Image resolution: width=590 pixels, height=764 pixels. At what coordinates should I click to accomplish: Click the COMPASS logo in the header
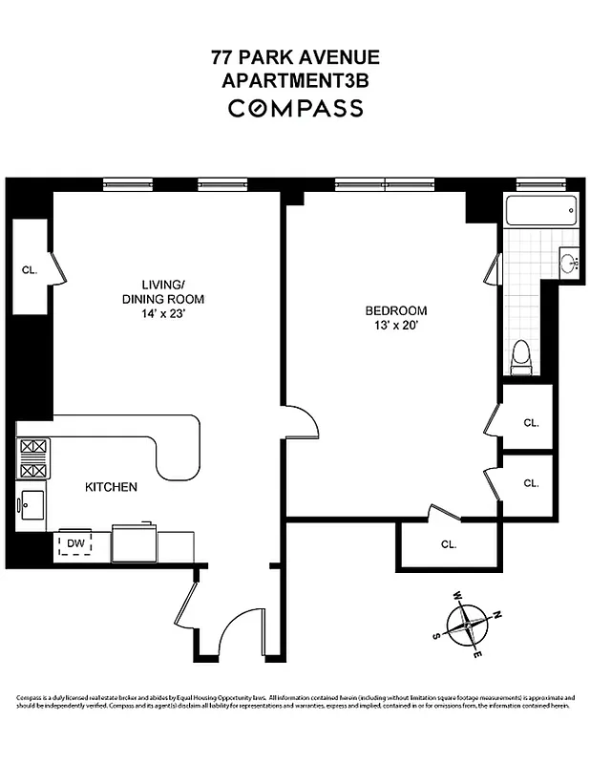tap(295, 108)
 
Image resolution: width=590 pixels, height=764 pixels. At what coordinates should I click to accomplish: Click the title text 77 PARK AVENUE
tap(295, 57)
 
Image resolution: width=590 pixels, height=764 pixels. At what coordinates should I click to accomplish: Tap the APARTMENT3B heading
tap(295, 81)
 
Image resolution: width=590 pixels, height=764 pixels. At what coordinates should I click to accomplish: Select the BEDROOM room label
tap(396, 311)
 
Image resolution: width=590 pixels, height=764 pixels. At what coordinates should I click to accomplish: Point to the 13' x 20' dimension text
tap(396, 327)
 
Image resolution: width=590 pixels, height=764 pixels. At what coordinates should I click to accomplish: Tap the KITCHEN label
tap(112, 487)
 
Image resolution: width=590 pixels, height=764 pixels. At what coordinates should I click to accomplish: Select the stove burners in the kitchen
tap(33, 457)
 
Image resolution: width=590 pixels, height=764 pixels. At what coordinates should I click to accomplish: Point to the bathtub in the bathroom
tap(541, 210)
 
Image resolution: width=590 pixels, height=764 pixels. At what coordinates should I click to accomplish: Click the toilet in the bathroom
tap(520, 357)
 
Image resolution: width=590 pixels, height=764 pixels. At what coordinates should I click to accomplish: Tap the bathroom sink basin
tap(570, 263)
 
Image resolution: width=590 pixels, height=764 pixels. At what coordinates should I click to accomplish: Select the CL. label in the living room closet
tap(30, 270)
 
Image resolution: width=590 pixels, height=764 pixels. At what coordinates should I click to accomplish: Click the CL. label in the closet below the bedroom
tap(449, 544)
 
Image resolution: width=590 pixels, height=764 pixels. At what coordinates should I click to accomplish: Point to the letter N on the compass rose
tap(496, 616)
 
